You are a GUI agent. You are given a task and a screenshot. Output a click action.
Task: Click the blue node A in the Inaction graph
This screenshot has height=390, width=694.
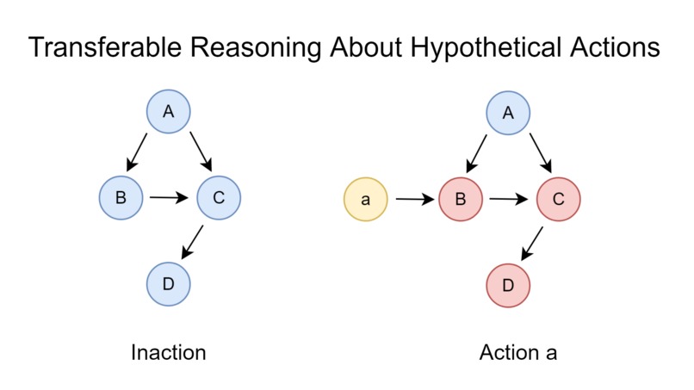[168, 111]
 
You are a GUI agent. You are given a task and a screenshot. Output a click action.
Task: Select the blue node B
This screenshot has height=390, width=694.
[121, 197]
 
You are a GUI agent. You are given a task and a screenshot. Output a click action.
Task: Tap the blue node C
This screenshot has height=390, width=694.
[219, 198]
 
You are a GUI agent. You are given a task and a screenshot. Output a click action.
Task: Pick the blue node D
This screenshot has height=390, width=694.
[168, 283]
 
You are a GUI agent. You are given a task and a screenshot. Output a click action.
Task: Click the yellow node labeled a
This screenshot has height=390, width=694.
[365, 200]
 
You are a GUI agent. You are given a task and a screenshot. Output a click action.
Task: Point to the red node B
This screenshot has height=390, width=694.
[461, 200]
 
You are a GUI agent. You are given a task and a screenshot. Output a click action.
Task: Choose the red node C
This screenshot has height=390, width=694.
[557, 200]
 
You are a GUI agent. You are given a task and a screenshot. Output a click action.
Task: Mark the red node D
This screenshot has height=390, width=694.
[509, 285]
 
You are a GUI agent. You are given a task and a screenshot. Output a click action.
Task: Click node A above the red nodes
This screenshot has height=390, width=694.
[508, 113]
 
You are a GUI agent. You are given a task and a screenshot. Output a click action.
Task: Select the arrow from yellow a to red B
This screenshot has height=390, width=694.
[413, 200]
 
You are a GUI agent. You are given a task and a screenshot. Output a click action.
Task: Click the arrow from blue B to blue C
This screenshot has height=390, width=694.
[170, 198]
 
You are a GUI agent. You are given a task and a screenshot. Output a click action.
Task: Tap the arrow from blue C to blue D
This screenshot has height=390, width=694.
[193, 242]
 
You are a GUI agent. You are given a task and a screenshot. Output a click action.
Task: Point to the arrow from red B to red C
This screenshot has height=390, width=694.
[509, 200]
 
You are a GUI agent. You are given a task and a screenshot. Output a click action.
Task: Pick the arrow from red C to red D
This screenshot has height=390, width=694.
[533, 243]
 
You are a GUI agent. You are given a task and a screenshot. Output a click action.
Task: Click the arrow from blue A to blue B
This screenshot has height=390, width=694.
[138, 152]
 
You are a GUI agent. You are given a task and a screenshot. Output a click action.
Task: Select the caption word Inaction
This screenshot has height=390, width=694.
[168, 353]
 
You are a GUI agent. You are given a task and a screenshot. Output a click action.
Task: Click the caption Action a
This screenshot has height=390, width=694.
[518, 353]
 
